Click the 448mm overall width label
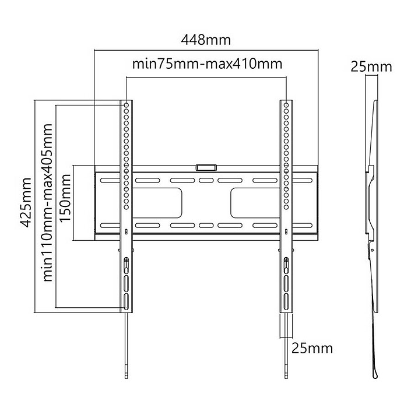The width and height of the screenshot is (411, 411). (x=206, y=40)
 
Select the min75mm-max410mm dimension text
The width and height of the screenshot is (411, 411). (x=207, y=64)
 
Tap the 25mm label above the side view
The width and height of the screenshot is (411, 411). (x=371, y=66)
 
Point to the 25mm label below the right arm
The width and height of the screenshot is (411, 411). (x=312, y=349)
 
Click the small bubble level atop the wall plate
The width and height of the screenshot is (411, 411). (x=205, y=167)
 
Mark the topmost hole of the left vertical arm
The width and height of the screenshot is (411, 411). (x=127, y=106)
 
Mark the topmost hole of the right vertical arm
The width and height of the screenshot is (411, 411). (x=286, y=106)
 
